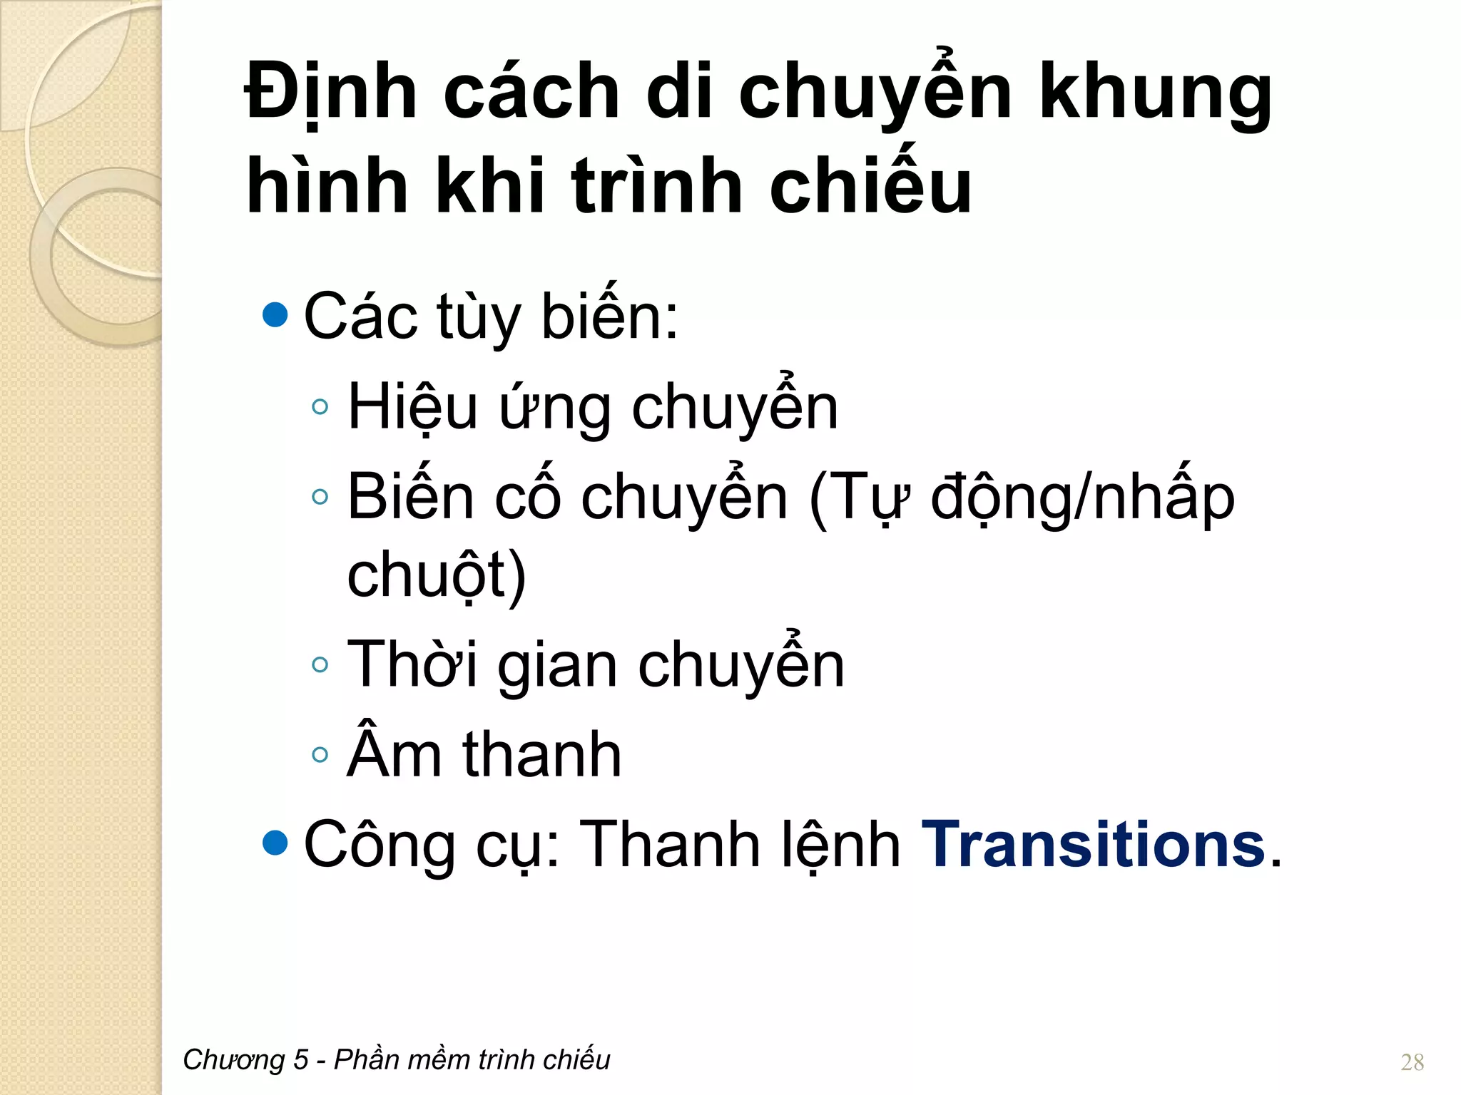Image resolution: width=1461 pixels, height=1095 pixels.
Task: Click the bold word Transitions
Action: (x=1094, y=845)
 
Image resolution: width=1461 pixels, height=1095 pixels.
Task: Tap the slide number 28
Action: (x=1412, y=1062)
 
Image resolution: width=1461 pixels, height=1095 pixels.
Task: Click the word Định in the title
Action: (x=330, y=93)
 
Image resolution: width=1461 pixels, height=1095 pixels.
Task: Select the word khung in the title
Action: (x=1155, y=93)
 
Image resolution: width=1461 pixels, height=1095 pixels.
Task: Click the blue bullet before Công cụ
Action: (x=275, y=843)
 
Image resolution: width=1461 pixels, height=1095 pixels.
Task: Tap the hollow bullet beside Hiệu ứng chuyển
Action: (x=320, y=406)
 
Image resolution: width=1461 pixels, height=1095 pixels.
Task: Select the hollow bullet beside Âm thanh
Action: (x=320, y=754)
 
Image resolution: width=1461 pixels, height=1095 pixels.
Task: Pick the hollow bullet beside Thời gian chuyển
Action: (x=320, y=664)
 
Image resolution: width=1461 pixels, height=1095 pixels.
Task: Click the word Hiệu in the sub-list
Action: (x=412, y=408)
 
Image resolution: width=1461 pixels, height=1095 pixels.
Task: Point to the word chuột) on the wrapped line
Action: (x=436, y=576)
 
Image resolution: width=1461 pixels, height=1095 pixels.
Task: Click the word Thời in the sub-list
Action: (x=412, y=664)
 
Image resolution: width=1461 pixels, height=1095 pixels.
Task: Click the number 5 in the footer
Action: (x=300, y=1060)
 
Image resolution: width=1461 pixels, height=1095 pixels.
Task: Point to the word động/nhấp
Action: (x=1082, y=498)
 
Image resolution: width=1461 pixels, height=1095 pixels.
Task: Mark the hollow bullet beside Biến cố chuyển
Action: (x=320, y=496)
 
